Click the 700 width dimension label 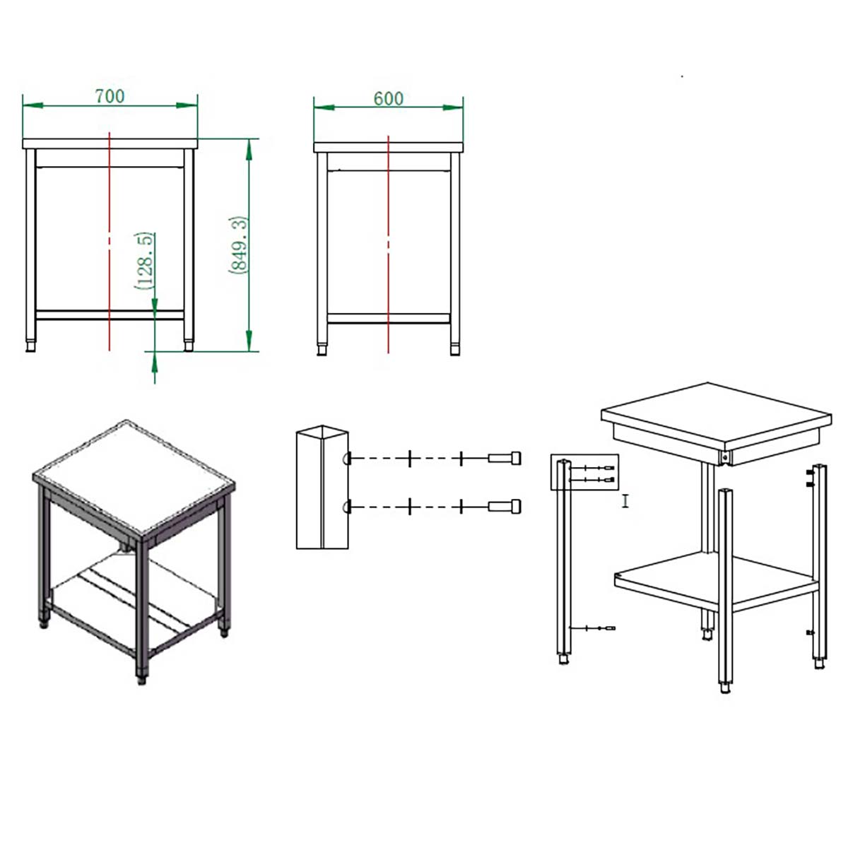pos(110,96)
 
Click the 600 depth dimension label pos(388,98)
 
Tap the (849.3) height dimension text pos(239,245)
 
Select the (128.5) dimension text pos(144,261)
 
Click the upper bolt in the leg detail pos(505,458)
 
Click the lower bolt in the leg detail pos(505,507)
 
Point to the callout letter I pos(625,501)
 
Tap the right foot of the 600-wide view pos(455,349)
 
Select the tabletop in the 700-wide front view pos(110,143)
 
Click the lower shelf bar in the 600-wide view pos(388,318)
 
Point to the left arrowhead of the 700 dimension pos(33,105)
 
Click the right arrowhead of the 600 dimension pos(453,107)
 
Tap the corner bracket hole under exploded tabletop pos(724,458)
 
